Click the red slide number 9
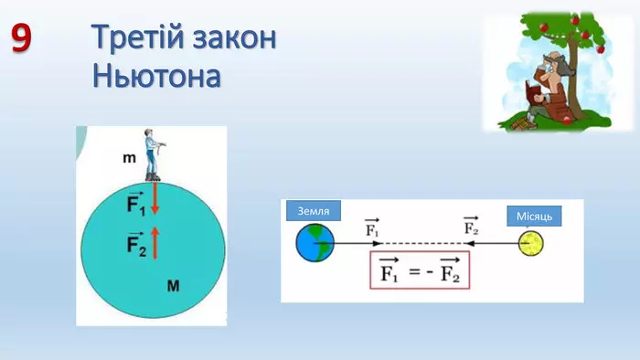pos(22,37)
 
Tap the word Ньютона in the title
pos(156,75)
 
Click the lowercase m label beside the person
pos(129,159)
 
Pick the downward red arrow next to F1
pos(155,198)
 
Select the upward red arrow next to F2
pos(155,242)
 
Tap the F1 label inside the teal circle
pos(135,203)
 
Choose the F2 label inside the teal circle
pos(135,245)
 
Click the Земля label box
pos(314,211)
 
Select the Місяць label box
pos(533,216)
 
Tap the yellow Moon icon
pos(530,244)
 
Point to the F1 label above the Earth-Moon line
pos(372,228)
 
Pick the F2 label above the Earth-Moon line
pos(472,228)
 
